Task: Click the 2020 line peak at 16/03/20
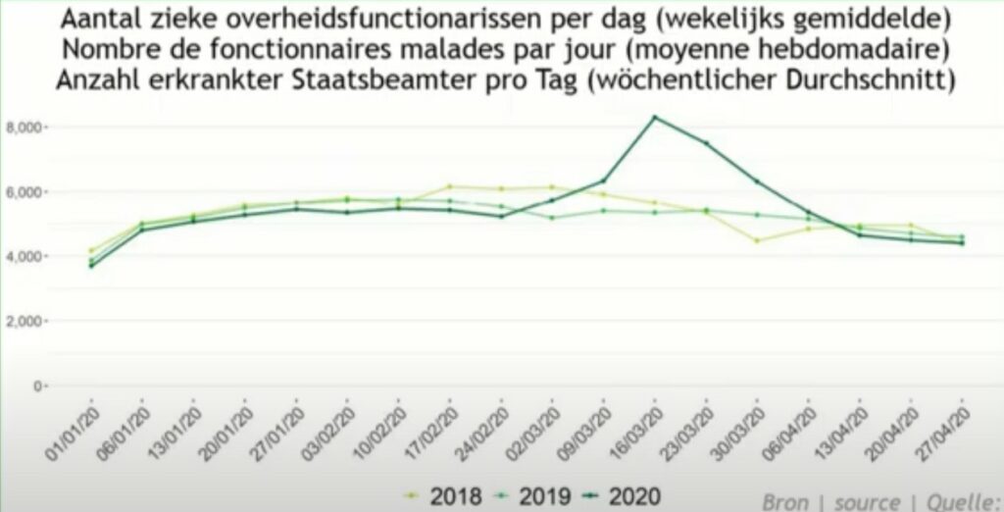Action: point(655,118)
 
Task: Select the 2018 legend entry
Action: point(446,495)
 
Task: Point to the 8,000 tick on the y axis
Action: point(27,128)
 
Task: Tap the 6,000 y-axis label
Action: point(27,192)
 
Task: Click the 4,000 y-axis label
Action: point(27,257)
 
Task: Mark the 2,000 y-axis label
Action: point(27,322)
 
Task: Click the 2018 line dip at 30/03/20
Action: point(757,240)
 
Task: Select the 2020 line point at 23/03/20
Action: point(706,143)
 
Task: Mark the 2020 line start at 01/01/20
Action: point(92,266)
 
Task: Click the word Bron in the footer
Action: point(786,501)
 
